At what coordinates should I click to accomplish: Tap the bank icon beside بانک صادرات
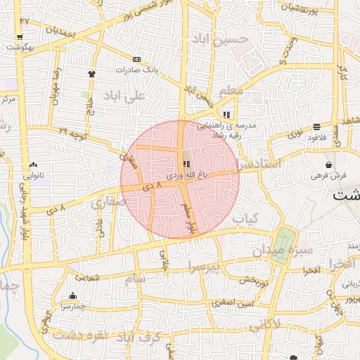[x=136, y=60]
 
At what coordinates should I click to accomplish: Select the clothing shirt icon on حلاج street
[x=91, y=72]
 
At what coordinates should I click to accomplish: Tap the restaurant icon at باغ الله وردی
[x=186, y=163]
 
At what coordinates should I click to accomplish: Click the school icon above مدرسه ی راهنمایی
[x=226, y=115]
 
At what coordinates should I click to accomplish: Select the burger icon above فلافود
[x=318, y=127]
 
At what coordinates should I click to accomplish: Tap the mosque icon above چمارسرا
[x=73, y=296]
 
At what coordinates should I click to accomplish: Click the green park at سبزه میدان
[x=283, y=245]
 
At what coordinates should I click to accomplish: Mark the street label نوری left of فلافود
[x=297, y=132]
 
